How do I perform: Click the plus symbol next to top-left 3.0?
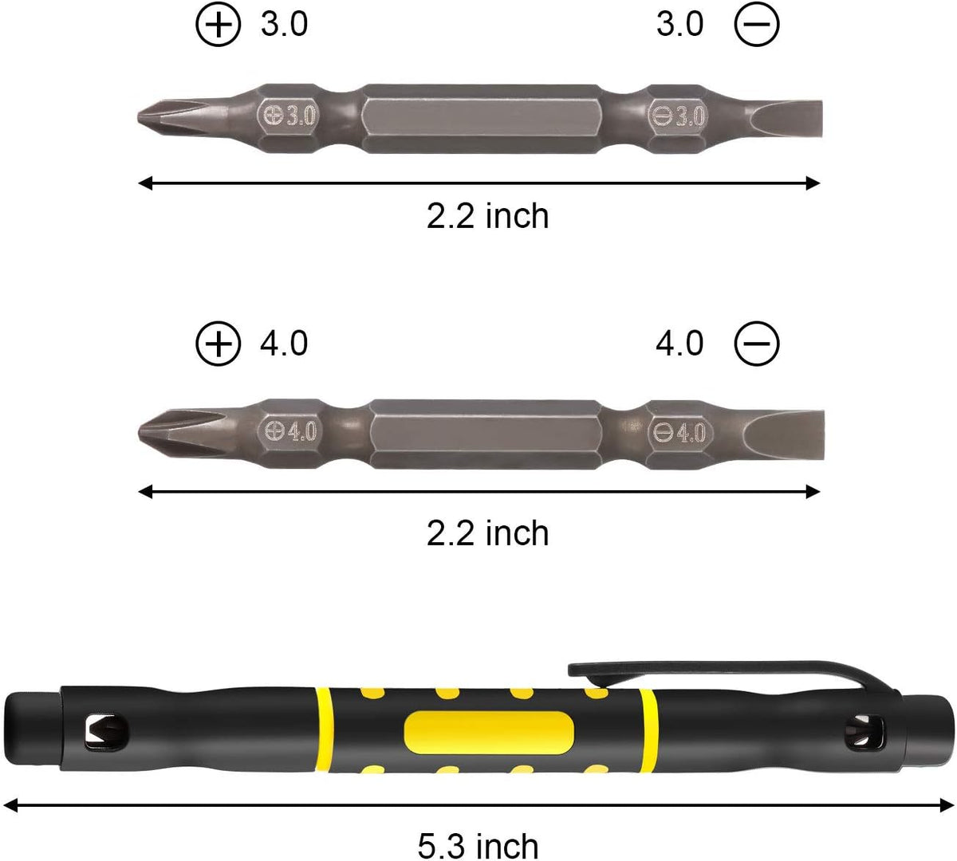(218, 26)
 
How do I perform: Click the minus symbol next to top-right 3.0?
(756, 26)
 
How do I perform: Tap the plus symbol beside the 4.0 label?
(218, 344)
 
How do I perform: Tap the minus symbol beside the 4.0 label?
(756, 344)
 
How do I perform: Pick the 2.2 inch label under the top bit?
(487, 217)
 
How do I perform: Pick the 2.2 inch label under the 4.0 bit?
(487, 533)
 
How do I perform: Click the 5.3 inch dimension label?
(478, 845)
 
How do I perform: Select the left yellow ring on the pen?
(322, 732)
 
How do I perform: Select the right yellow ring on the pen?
(648, 732)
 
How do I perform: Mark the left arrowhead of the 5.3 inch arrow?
(11, 806)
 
